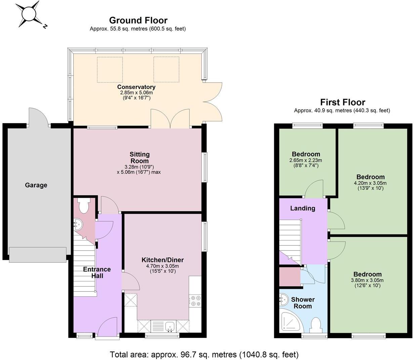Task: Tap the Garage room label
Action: coord(36,185)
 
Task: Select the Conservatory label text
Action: coord(136,87)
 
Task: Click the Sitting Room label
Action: coord(139,157)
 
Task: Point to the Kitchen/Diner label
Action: coord(163,260)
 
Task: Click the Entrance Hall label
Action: coord(97,272)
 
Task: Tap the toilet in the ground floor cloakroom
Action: coord(83,205)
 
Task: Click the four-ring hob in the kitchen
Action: coord(195,301)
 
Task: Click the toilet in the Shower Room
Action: coord(316,325)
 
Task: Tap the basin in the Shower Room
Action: coord(283,299)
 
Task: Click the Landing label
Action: coord(302,208)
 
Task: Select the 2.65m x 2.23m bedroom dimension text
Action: coord(305,160)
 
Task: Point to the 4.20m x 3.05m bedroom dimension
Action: coord(370,183)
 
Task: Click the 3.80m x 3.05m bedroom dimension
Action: coord(367,280)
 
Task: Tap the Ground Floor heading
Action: coord(138,20)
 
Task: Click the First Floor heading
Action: coord(342,102)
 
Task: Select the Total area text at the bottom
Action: coord(204,354)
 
